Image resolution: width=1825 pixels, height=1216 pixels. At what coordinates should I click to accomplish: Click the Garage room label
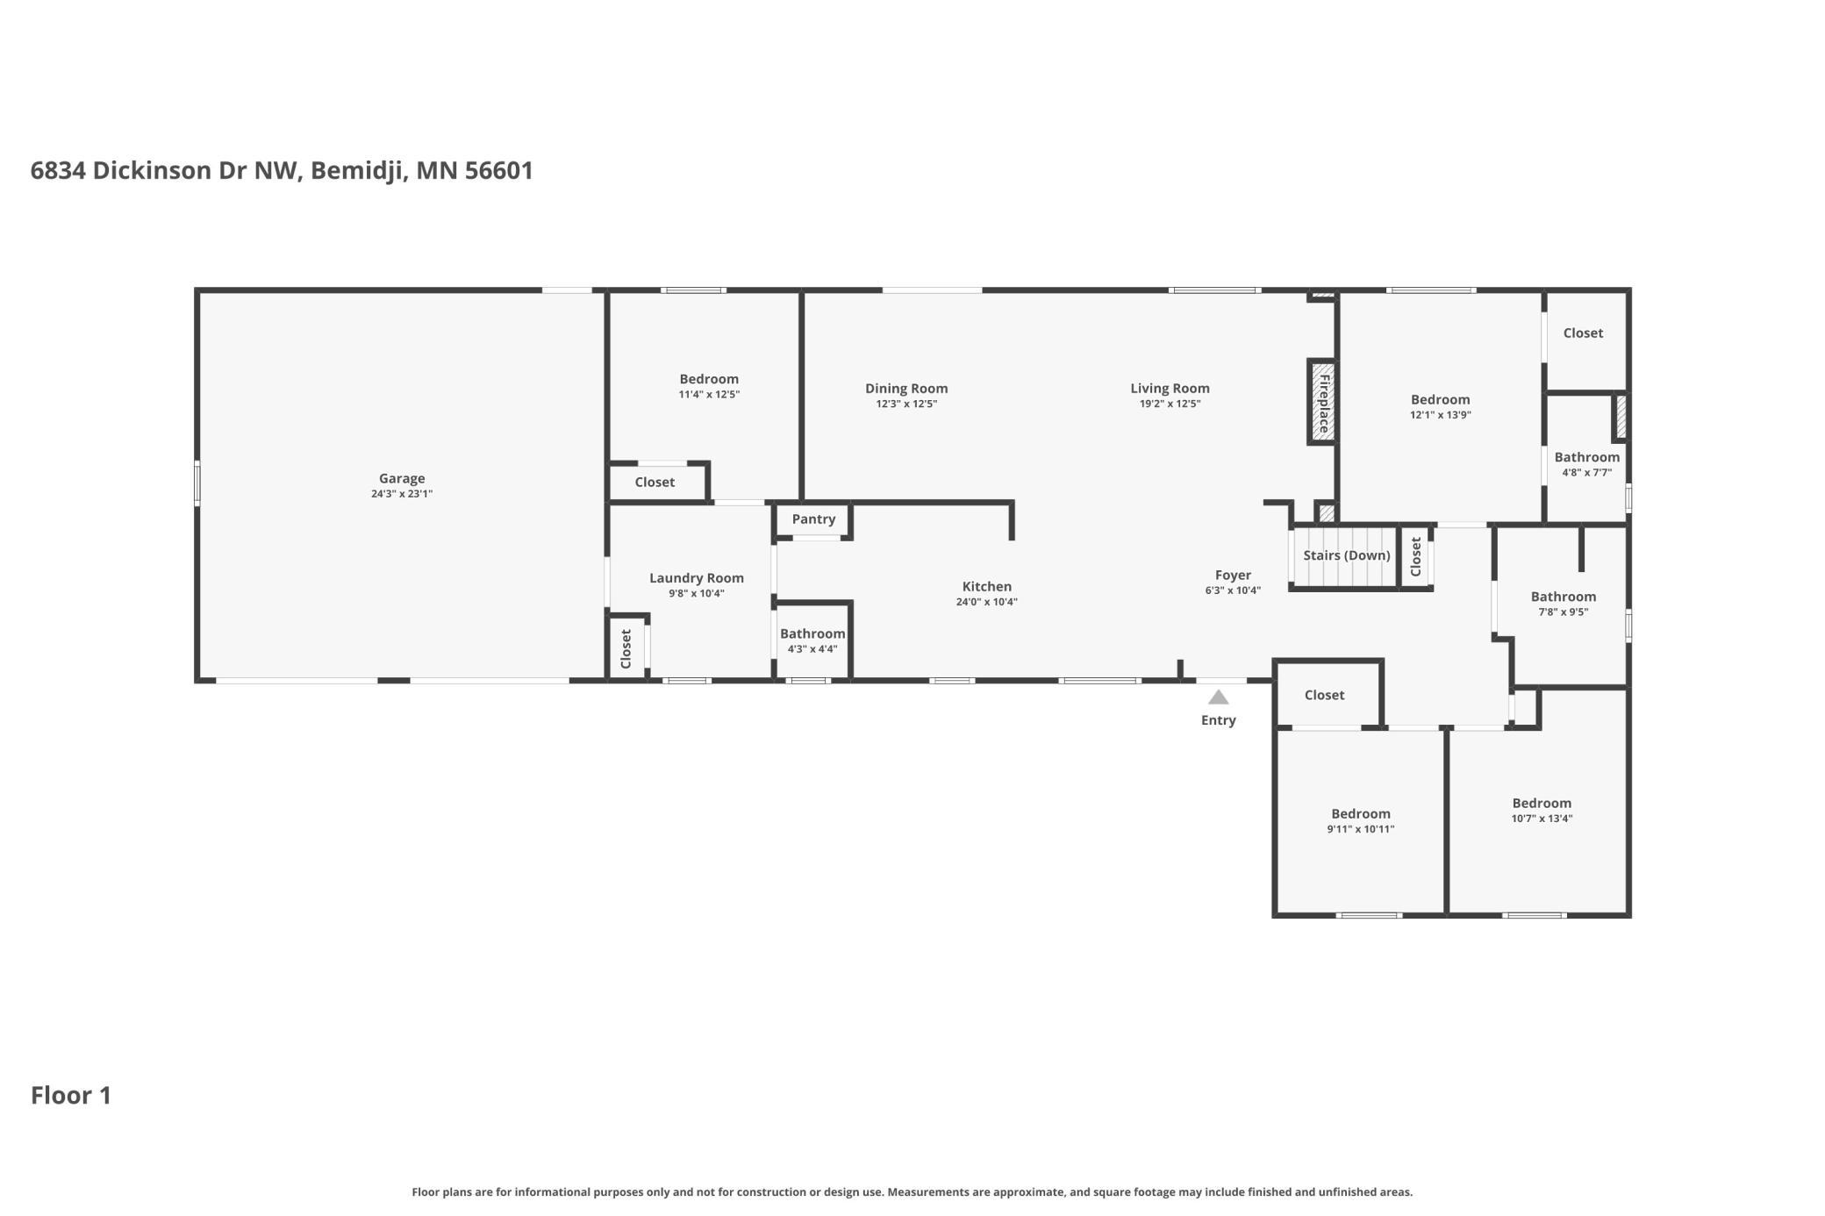click(402, 478)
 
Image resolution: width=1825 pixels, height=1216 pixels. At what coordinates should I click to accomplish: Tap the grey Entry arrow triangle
click(1218, 697)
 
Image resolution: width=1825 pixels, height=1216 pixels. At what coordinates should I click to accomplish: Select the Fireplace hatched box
click(1322, 402)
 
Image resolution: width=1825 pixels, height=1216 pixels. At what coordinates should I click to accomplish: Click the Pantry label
click(813, 519)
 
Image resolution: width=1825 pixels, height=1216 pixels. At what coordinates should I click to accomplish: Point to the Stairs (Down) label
click(1347, 555)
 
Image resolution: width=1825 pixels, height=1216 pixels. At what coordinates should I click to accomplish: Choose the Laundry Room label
click(697, 578)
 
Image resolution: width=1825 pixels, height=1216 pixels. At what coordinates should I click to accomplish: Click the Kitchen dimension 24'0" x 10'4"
click(987, 602)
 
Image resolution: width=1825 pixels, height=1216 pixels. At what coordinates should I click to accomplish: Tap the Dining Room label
click(906, 389)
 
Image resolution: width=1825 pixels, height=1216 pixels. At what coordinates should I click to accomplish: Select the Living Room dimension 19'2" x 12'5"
click(1170, 404)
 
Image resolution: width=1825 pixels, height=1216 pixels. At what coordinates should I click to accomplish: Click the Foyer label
click(1233, 576)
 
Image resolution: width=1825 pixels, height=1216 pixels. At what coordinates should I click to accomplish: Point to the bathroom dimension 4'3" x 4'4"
click(812, 649)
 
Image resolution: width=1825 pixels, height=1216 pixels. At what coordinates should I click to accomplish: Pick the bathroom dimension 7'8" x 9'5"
click(1563, 612)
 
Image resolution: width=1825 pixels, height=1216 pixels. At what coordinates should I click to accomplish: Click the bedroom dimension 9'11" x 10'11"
click(1361, 829)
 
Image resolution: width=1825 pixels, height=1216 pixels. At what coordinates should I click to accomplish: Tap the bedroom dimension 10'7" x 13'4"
click(1542, 819)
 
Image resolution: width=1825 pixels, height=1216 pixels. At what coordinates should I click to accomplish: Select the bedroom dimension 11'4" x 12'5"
click(709, 395)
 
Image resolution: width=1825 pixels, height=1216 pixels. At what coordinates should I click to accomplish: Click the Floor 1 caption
click(71, 1095)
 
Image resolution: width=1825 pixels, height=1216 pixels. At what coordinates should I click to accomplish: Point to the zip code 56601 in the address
click(499, 170)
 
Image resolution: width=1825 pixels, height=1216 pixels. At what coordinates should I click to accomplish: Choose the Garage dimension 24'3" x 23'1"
click(402, 494)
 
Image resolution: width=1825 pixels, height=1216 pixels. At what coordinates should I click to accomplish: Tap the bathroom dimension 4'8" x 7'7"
click(1586, 473)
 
